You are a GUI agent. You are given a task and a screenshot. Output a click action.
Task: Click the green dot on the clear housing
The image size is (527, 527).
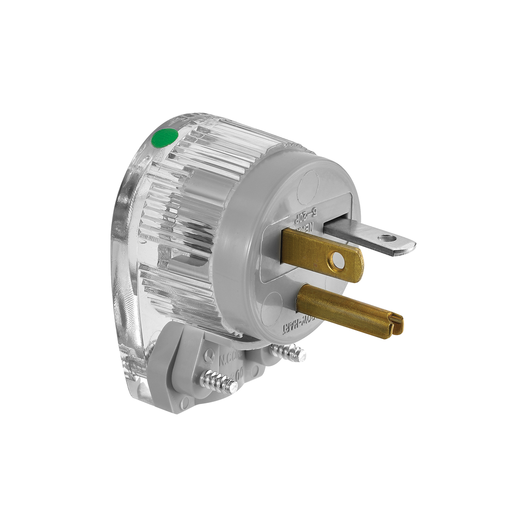[165, 137]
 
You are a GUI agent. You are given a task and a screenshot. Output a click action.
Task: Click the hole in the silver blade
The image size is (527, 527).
[385, 238]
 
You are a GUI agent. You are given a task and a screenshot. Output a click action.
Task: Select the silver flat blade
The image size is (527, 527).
[368, 236]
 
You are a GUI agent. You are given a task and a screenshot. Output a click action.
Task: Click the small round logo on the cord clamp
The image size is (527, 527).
[209, 355]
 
